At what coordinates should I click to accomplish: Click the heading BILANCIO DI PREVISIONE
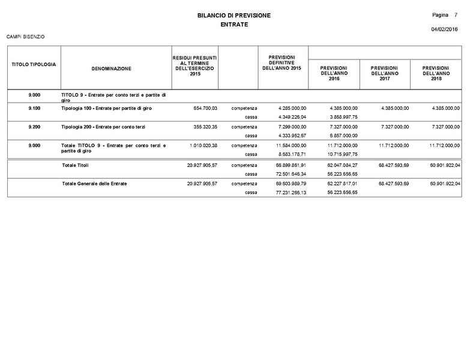[234, 15]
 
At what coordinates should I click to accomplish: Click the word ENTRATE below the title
[234, 25]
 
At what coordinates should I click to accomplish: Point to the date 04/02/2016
[444, 29]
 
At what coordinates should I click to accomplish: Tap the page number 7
[456, 14]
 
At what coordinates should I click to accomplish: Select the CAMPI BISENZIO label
[25, 37]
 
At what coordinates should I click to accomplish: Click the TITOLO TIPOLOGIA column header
[34, 64]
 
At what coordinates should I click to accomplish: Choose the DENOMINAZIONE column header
[112, 69]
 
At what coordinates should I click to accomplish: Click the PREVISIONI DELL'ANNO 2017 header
[385, 74]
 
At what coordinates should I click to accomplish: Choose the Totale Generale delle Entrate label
[94, 183]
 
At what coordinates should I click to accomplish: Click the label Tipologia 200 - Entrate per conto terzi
[103, 127]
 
